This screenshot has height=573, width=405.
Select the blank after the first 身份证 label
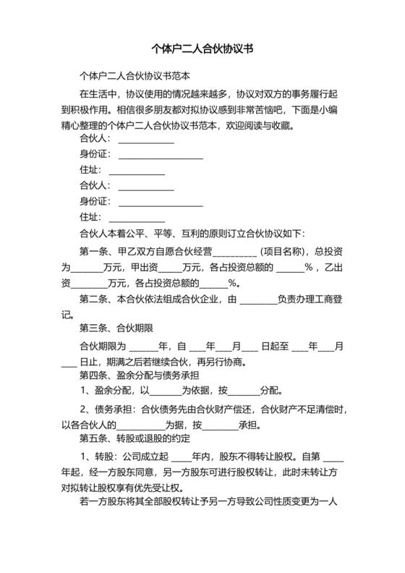[x=160, y=158]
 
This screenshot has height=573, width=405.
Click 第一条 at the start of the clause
[x=93, y=252]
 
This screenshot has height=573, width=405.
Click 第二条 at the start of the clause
[x=93, y=300]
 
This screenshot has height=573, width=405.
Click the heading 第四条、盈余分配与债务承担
[x=140, y=375]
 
